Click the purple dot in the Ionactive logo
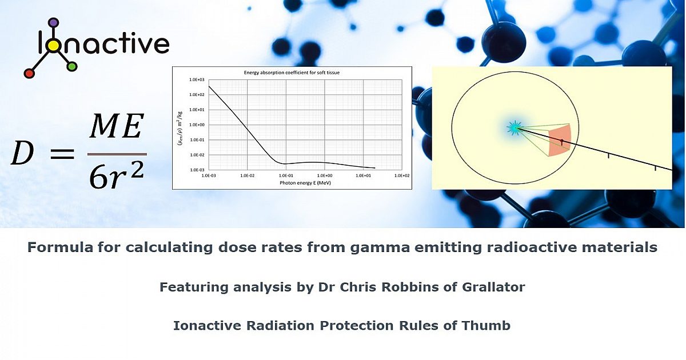[x=53, y=23]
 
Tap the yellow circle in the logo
[x=53, y=46]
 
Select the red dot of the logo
[x=29, y=73]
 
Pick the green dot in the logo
[x=71, y=67]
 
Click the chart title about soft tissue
[x=292, y=73]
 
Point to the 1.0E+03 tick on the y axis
[x=197, y=79]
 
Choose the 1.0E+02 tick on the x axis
[x=402, y=177]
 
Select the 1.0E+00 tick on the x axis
[x=325, y=177]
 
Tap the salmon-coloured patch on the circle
[x=559, y=140]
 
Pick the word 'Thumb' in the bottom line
[x=490, y=326]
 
